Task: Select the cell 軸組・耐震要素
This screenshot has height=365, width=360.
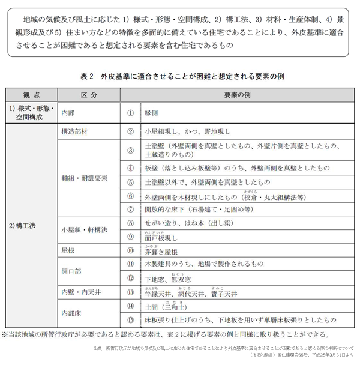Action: click(x=85, y=178)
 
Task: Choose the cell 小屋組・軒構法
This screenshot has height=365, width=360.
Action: click(x=85, y=230)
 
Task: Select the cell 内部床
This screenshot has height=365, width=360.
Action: click(x=71, y=313)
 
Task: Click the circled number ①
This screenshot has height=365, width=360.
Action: click(x=130, y=112)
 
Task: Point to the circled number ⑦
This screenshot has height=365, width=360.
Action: click(x=130, y=209)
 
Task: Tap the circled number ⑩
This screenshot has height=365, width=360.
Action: click(x=130, y=251)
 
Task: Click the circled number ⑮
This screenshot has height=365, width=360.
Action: click(x=130, y=320)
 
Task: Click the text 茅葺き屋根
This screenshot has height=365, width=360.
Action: click(x=161, y=252)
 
